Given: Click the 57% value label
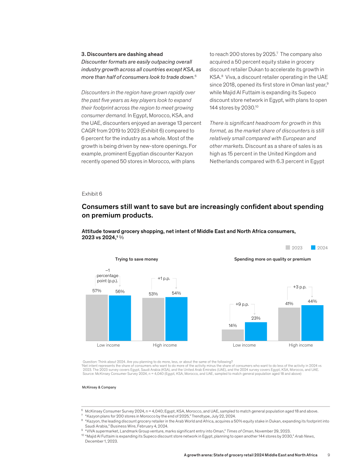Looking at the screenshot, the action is click(x=97, y=291).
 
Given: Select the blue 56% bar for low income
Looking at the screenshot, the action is click(x=120, y=318).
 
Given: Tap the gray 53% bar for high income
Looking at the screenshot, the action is click(x=153, y=319).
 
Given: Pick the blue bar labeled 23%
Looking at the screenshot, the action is click(x=256, y=331).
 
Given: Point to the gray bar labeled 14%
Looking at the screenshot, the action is click(x=232, y=335).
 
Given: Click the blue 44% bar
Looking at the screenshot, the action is click(x=312, y=323).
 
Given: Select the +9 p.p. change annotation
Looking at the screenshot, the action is click(x=242, y=304).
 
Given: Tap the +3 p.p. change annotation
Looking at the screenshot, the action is click(x=300, y=287).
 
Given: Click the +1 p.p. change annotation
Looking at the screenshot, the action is click(x=164, y=279).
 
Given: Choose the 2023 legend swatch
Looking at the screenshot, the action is click(x=288, y=248).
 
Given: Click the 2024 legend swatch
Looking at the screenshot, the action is click(x=313, y=248).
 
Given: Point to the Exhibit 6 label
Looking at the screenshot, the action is click(x=92, y=194).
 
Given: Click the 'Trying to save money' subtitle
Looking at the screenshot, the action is click(x=137, y=259).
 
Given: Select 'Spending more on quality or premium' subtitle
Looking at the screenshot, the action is click(x=272, y=259).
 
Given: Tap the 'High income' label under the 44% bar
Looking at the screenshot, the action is click(x=301, y=345).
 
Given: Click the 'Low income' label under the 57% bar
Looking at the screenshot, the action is click(x=108, y=345).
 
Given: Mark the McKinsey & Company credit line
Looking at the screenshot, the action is click(x=99, y=387).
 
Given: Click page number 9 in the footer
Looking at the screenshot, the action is click(x=328, y=455).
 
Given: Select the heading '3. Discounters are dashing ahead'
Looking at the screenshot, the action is click(x=122, y=54).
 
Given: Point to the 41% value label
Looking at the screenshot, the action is click(x=289, y=304).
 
